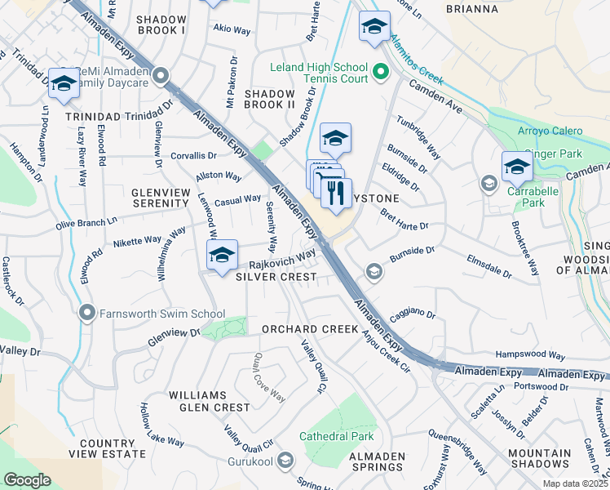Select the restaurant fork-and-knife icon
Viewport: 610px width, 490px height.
coord(336,193)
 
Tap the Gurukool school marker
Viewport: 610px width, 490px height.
coord(285,461)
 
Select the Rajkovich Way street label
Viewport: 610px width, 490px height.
coord(282,261)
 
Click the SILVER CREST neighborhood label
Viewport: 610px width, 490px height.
coord(276,278)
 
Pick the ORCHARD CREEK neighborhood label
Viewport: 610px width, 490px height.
coord(310,329)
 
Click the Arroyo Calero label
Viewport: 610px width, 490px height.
coord(550,131)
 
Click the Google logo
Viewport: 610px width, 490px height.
coord(27,480)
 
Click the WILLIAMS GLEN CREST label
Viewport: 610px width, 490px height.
coord(210,400)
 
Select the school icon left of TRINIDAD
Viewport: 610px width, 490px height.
coord(63,83)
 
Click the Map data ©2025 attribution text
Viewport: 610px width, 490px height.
coord(576,483)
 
